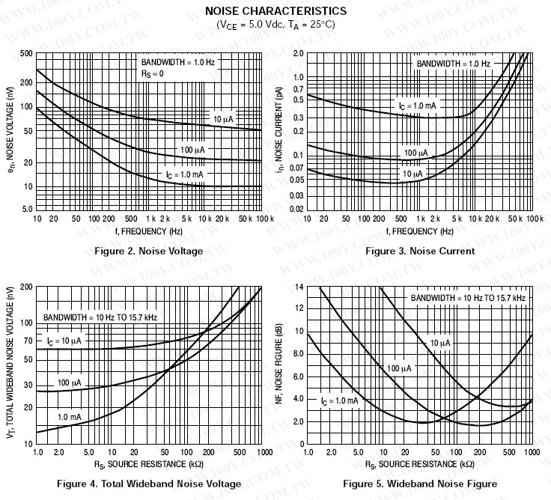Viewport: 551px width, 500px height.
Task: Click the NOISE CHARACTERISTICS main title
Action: pos(275,10)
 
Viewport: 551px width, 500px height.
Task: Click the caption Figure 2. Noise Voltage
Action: pos(148,251)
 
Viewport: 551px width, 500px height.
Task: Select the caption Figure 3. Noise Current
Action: pos(420,251)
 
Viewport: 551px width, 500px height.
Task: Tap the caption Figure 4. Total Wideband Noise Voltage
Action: pos(149,484)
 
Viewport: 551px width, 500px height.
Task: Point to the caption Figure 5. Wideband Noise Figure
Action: pos(420,484)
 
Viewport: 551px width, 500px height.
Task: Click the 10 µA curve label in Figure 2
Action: pos(223,120)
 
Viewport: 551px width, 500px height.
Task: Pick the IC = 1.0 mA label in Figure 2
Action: pos(184,174)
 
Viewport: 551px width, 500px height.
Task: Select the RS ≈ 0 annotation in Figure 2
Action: pos(152,73)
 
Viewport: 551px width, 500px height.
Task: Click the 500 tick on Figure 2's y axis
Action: pos(26,53)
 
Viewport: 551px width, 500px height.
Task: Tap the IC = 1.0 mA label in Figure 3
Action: pos(417,106)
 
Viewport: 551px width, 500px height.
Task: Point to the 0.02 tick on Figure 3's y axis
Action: pos(297,208)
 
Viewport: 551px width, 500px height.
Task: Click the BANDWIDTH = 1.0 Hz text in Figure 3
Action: pos(453,64)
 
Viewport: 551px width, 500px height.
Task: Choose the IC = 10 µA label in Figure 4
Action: pos(64,341)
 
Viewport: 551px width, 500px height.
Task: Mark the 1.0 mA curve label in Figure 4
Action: pos(69,416)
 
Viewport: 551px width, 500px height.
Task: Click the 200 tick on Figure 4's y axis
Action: pos(26,287)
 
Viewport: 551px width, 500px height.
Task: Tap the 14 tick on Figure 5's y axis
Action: pos(299,287)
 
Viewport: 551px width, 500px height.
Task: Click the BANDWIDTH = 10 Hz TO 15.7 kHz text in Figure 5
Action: pos(467,298)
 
